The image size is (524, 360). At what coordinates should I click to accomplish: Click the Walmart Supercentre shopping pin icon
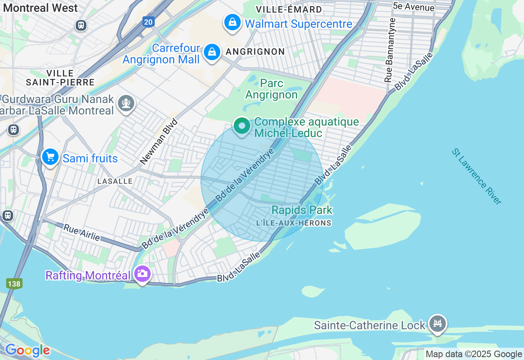pyautogui.click(x=232, y=22)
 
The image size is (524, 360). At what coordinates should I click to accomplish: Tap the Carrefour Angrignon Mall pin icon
pyautogui.click(x=212, y=52)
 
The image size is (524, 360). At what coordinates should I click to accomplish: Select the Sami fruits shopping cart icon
pyautogui.click(x=50, y=157)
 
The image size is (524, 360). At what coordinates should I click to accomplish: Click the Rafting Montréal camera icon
pyautogui.click(x=142, y=274)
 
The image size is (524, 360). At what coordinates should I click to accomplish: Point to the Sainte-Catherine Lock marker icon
pyautogui.click(x=438, y=324)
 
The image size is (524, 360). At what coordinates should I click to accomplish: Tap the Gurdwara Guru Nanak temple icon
pyautogui.click(x=126, y=103)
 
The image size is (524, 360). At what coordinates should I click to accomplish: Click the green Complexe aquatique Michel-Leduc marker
pyautogui.click(x=242, y=126)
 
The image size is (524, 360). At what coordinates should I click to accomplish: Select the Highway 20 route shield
pyautogui.click(x=149, y=22)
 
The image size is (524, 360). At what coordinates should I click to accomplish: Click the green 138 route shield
pyautogui.click(x=14, y=283)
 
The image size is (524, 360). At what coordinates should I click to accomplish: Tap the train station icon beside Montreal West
pyautogui.click(x=81, y=25)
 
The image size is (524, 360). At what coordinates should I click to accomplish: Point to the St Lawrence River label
pyautogui.click(x=477, y=176)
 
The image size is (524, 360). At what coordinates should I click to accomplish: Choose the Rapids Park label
pyautogui.click(x=302, y=210)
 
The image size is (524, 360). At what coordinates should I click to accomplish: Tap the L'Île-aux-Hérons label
pyautogui.click(x=294, y=223)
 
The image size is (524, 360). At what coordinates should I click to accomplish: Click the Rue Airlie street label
pyautogui.click(x=81, y=232)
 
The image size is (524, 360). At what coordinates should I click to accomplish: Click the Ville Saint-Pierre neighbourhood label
pyautogui.click(x=60, y=78)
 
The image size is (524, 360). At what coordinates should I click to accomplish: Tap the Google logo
pyautogui.click(x=27, y=351)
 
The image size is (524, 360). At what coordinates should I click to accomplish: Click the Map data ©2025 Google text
pyautogui.click(x=474, y=354)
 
